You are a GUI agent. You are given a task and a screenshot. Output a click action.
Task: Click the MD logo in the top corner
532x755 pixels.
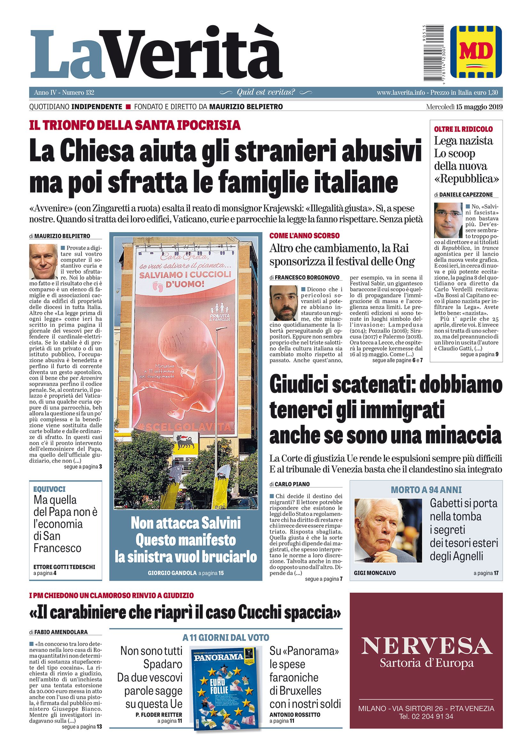[476, 52]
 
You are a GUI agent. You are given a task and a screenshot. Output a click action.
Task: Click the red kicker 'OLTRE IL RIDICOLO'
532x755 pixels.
[463, 129]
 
